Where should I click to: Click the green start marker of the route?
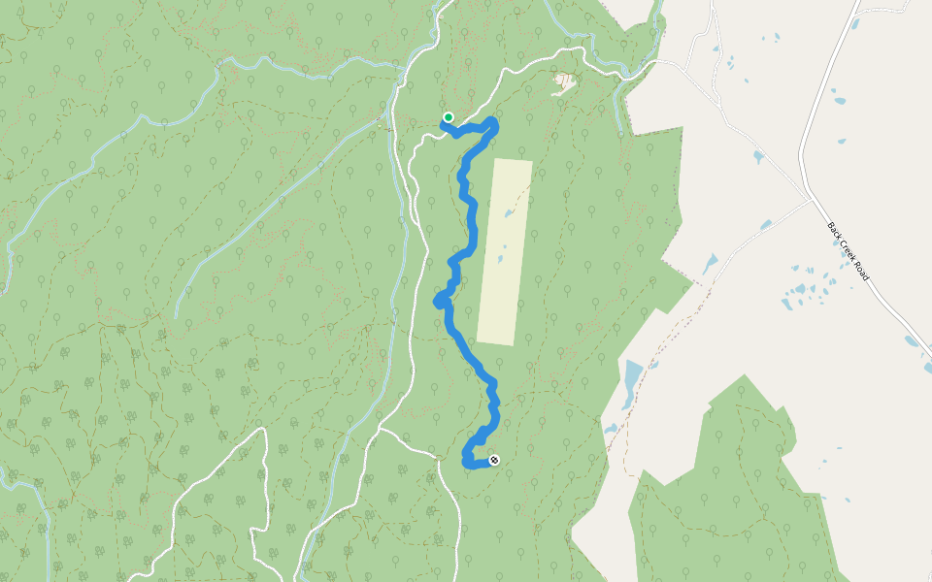[449, 117]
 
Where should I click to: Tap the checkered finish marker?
[494, 460]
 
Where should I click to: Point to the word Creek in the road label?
[849, 253]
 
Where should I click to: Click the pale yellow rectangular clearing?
[505, 250]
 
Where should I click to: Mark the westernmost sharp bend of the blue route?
[437, 303]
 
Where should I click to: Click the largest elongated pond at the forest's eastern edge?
[632, 383]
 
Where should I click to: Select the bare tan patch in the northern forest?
[562, 83]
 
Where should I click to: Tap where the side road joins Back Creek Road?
[811, 201]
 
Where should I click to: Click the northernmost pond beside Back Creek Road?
[838, 99]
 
